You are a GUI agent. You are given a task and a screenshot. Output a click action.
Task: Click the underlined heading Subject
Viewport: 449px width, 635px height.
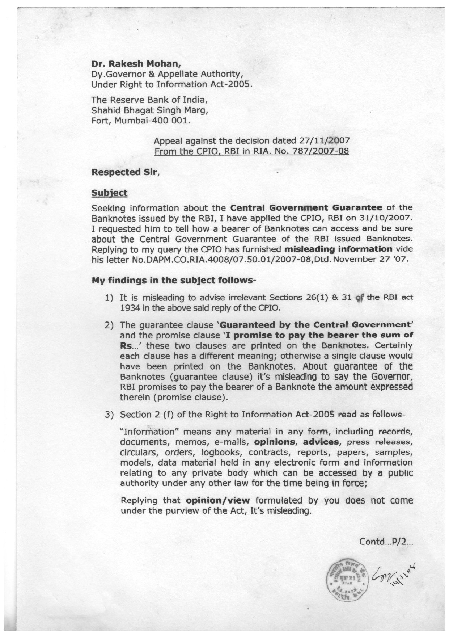(x=109, y=193)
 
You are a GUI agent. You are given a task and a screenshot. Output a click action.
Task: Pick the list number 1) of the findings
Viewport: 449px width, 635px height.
(x=109, y=298)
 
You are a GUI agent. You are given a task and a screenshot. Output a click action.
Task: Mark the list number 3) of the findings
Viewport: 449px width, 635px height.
(x=109, y=415)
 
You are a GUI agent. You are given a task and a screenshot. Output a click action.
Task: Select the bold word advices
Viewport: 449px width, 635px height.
(x=321, y=442)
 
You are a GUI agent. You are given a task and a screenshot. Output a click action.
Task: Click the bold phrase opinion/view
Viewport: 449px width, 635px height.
(x=217, y=501)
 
